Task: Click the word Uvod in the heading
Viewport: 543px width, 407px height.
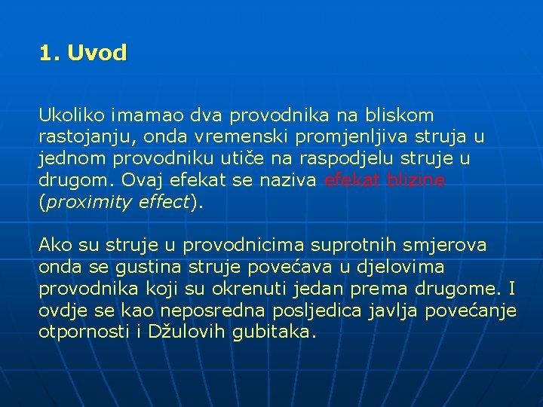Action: pyautogui.click(x=97, y=54)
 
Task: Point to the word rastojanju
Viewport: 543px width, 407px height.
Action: pyautogui.click(x=80, y=137)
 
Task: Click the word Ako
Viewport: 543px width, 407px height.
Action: pyautogui.click(x=54, y=245)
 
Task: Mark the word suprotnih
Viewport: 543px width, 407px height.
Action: pyautogui.click(x=354, y=245)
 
